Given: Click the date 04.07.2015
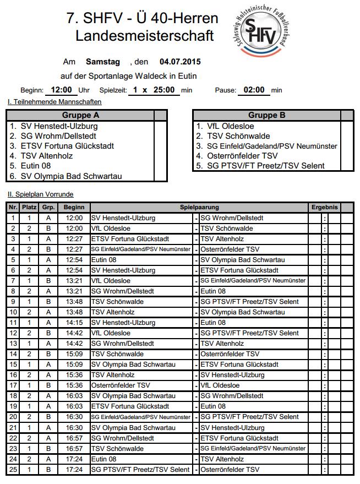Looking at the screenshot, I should pyautogui.click(x=180, y=62).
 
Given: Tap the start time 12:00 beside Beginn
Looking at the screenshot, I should pyautogui.click(x=61, y=90).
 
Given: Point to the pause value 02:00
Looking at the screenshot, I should pyautogui.click(x=254, y=90).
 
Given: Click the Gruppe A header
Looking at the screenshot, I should pyautogui.click(x=81, y=116).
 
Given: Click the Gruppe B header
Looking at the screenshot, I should pyautogui.click(x=267, y=116).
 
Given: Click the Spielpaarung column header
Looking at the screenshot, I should pyautogui.click(x=199, y=208).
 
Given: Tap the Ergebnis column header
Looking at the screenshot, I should pyautogui.click(x=324, y=208).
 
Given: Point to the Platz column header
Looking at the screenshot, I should pyautogui.click(x=29, y=208).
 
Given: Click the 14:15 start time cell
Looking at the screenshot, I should pyautogui.click(x=74, y=323).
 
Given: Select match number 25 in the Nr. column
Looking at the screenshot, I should pyautogui.click(x=13, y=470).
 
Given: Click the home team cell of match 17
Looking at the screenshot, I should pyautogui.click(x=120, y=385).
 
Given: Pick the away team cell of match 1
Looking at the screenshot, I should pyautogui.click(x=232, y=218).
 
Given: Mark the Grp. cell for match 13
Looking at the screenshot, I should pyautogui.click(x=48, y=344).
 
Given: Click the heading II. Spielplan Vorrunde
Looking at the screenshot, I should pyautogui.click(x=40, y=194).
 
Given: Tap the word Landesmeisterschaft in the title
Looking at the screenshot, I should pyautogui.click(x=144, y=36).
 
